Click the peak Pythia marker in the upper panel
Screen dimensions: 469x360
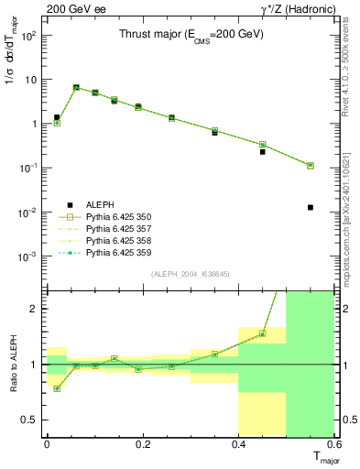76,88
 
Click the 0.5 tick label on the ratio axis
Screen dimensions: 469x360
31,420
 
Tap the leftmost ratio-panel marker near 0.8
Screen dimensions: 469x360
57,388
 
